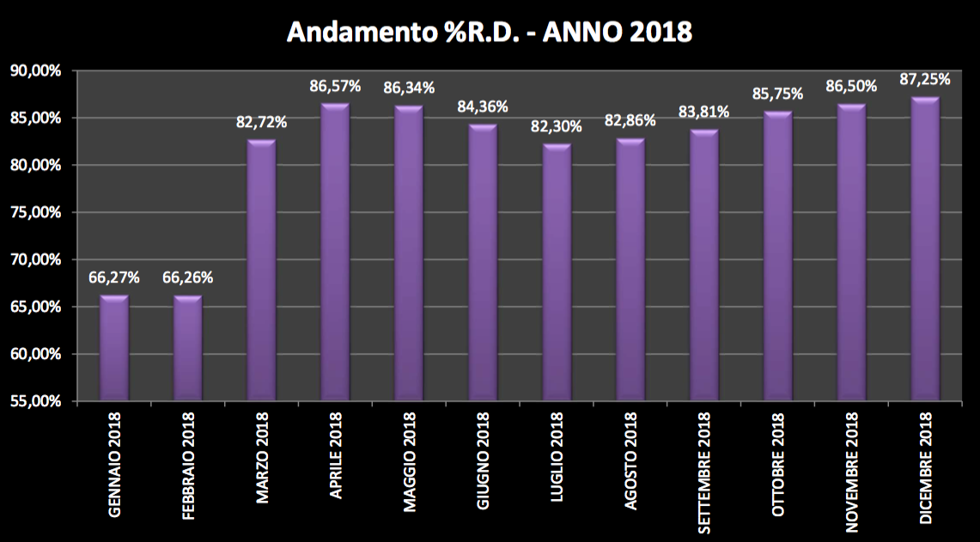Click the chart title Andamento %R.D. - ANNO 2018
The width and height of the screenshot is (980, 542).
[490, 31]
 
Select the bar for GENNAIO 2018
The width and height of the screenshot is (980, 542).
[113, 348]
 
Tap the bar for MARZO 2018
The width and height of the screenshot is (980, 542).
[261, 271]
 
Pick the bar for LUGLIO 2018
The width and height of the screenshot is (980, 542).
[556, 272]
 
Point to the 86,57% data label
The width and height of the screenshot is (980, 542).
[335, 86]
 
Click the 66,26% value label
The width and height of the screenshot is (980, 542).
[187, 277]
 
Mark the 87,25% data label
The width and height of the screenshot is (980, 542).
[924, 79]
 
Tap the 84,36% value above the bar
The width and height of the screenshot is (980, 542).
[482, 107]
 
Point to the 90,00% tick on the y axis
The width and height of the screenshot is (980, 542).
[34, 71]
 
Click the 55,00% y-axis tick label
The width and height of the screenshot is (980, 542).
[34, 401]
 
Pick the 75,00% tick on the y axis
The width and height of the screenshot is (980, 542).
[34, 212]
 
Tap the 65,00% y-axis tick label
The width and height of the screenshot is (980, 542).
[34, 307]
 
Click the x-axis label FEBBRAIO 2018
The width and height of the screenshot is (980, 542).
[189, 465]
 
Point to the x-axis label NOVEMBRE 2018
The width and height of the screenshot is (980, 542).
[851, 468]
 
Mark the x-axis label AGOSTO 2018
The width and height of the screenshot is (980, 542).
[630, 462]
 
